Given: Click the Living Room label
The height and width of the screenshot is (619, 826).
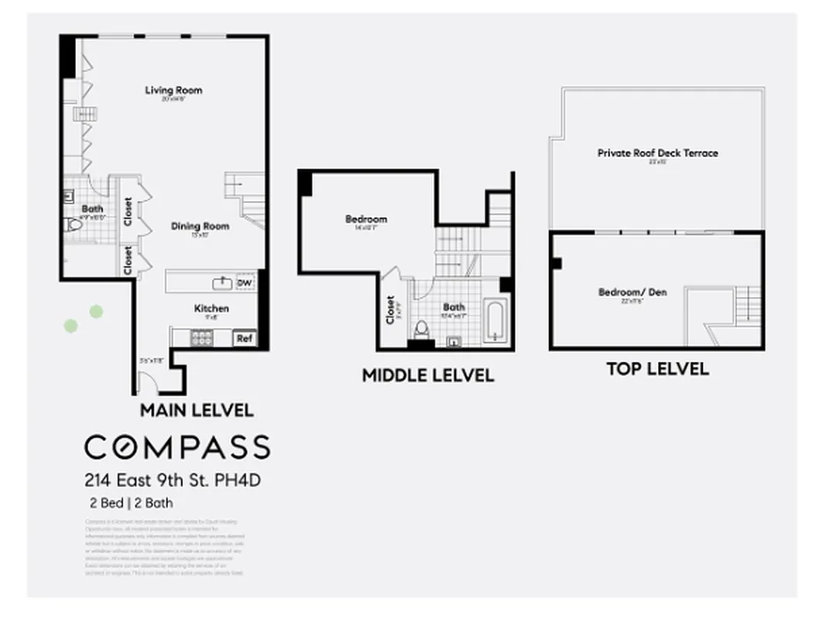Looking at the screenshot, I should [173, 91].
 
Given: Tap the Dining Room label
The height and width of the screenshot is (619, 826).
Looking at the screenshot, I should [200, 226].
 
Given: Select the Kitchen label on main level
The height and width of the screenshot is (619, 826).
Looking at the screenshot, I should [211, 309].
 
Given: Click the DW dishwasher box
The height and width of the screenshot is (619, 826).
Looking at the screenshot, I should [245, 283].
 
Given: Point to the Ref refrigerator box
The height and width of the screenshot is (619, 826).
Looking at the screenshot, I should [244, 338].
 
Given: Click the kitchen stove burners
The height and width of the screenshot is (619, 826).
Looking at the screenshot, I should [202, 337].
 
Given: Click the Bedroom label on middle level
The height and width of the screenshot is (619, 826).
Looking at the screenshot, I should [365, 219].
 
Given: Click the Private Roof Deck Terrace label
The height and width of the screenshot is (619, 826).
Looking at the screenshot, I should [657, 153].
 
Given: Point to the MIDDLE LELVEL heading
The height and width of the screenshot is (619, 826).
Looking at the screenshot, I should [427, 376].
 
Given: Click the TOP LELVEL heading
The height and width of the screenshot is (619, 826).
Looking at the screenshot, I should [656, 369].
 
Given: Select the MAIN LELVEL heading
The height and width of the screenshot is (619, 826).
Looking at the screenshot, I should [196, 409].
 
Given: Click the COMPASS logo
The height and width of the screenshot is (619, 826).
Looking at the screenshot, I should [177, 447].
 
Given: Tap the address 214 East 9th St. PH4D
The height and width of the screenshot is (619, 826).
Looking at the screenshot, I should [173, 480].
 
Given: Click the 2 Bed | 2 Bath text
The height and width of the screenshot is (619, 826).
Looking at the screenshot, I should [131, 503].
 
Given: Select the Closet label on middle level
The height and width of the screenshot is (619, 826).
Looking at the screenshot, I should [390, 310].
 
